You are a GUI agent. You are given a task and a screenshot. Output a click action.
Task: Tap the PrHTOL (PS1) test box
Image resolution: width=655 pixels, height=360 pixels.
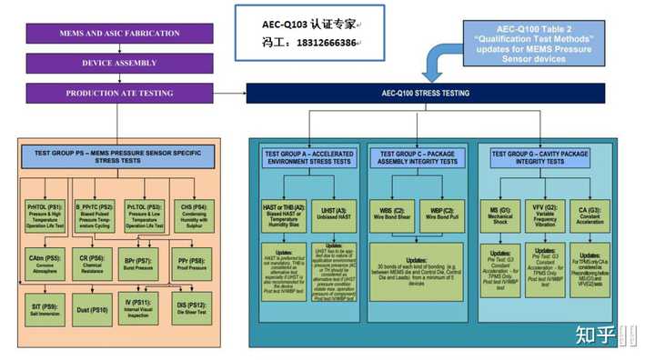[45, 215]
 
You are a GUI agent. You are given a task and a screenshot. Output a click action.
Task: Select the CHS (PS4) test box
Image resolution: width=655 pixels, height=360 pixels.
[193, 215]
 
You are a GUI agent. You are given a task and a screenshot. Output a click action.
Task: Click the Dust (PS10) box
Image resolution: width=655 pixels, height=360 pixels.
[95, 309]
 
